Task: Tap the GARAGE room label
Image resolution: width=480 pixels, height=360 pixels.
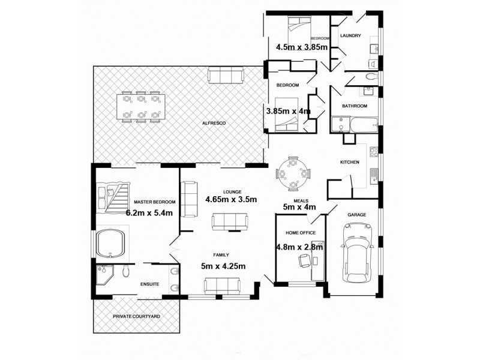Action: click(x=357, y=214)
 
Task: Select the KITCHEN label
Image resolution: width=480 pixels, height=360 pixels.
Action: click(x=349, y=163)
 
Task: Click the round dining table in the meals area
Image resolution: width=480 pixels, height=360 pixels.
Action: click(x=293, y=174)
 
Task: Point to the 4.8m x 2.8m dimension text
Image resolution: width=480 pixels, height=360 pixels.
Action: click(x=299, y=247)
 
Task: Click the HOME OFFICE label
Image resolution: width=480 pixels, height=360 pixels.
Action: click(x=300, y=233)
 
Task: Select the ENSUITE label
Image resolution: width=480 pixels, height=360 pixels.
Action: click(x=149, y=284)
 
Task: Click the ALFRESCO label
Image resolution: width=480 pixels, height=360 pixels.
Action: click(x=213, y=123)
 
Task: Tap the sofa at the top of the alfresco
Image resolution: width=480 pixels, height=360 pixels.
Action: click(x=226, y=76)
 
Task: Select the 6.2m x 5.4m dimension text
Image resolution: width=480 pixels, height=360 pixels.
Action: click(x=149, y=212)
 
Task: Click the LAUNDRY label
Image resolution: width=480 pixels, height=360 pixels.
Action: click(x=350, y=36)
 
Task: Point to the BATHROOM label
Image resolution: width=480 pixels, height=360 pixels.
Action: click(x=355, y=106)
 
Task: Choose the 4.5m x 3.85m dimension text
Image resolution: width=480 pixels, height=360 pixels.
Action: click(x=301, y=47)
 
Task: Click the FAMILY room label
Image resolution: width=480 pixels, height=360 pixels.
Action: click(x=221, y=255)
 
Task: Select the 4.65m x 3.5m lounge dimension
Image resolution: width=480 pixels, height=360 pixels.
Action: click(x=231, y=200)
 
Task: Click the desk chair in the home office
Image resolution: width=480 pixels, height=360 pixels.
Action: click(x=304, y=260)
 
